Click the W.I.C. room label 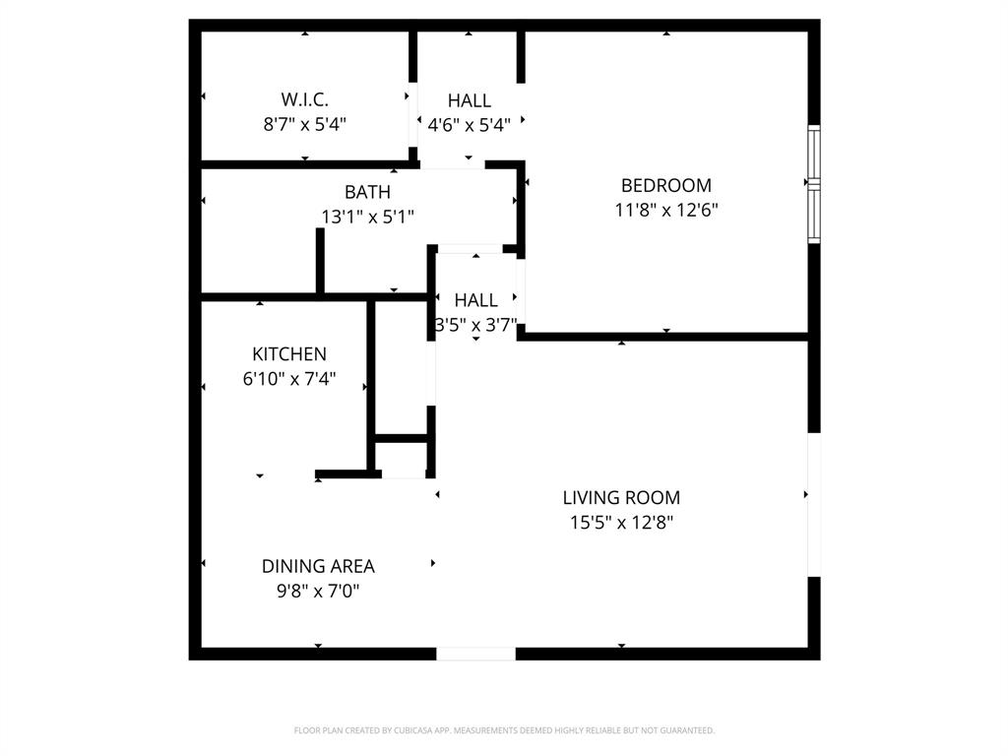click(304, 99)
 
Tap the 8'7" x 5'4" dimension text click(304, 124)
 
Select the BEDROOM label click(665, 185)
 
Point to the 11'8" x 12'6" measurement click(665, 210)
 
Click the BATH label click(367, 192)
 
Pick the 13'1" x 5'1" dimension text click(367, 217)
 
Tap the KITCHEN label click(289, 354)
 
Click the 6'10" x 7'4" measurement click(289, 379)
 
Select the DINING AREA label click(318, 566)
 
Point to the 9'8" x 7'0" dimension click(318, 591)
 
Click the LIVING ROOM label click(621, 498)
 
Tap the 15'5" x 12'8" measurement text click(621, 523)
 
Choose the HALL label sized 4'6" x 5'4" click(470, 100)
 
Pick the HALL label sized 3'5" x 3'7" click(475, 300)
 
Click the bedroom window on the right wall click(813, 184)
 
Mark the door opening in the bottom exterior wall click(475, 654)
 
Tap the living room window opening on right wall click(813, 504)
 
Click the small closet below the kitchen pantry click(402, 458)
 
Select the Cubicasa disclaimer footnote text click(504, 730)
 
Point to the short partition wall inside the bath click(320, 261)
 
